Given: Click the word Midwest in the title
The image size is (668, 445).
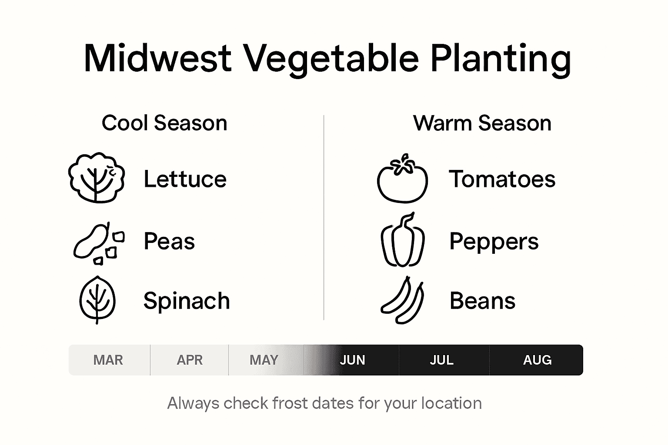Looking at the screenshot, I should pos(157,58).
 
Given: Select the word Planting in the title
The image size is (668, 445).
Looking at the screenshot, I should pos(501,58).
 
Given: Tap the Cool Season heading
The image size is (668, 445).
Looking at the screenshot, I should pos(164,123).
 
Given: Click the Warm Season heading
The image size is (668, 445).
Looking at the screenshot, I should pos(482,123).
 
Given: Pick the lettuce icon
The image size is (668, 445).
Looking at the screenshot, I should pos(97,178).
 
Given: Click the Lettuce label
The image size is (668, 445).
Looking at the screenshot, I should pos(185,179).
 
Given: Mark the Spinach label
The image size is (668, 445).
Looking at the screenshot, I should pos(187,301).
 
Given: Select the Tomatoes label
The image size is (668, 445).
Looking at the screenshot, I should pos(502,179).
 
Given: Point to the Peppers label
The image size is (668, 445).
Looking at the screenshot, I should pos(494,242).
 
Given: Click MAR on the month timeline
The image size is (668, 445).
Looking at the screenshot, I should pos(108,360).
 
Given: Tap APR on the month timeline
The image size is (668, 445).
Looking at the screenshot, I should pos(190,360).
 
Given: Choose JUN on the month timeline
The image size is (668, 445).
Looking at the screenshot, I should pos(352,360).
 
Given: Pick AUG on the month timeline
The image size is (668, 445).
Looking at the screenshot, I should pos(537,360).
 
